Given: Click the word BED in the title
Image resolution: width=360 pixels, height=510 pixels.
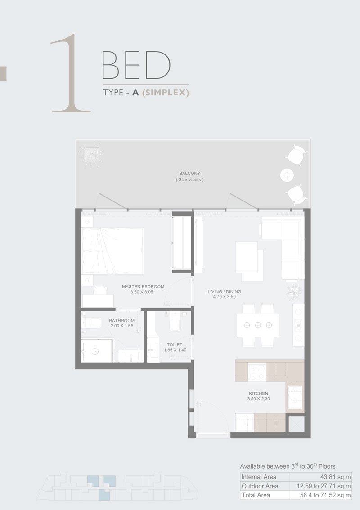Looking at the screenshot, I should tap(136, 66).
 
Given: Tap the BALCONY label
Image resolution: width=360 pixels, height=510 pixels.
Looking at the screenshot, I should tap(189, 173).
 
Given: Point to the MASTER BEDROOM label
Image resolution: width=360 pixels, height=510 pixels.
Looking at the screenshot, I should tap(143, 286).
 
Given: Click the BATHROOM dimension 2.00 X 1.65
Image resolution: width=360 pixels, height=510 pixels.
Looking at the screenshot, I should tap(121, 327).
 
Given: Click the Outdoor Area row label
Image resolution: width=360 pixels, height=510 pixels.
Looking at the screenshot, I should tap(260, 486).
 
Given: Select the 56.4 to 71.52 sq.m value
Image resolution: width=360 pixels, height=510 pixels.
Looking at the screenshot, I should tap(320, 495).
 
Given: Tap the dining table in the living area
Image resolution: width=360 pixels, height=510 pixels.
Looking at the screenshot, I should tap(258, 325).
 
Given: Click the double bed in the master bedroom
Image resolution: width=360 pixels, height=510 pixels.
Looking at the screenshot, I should tap(112, 251).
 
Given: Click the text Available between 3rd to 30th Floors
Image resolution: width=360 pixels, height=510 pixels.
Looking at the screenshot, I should tap(288, 466).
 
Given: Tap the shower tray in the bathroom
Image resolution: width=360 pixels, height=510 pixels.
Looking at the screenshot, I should tap(97, 351).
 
